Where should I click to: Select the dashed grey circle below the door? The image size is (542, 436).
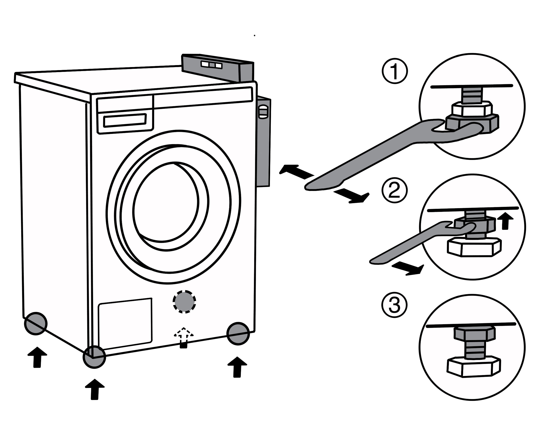click(x=184, y=302)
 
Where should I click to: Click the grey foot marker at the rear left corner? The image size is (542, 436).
click(x=36, y=323)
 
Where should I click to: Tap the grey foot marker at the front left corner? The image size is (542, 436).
click(x=94, y=356)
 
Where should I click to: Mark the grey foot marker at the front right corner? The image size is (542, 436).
click(x=238, y=332)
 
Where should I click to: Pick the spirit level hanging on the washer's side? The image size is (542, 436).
click(x=263, y=141)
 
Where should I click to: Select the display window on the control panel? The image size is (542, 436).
click(x=125, y=120)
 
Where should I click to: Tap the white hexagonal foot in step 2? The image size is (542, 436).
click(x=474, y=247)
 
